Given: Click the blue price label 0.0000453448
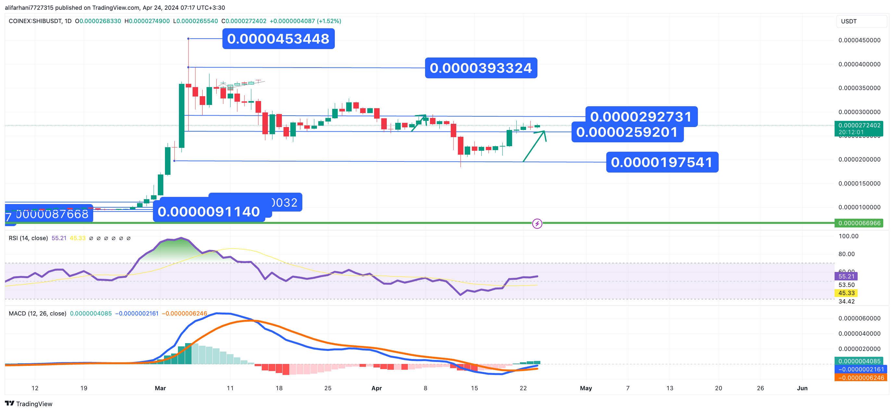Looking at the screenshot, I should coord(278,39).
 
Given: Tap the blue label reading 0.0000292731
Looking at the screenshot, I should coord(641,116).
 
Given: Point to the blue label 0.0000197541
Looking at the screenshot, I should coord(662,162).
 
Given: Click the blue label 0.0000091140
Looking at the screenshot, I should coord(208,212).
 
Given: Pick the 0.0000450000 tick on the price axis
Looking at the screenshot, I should coord(859,40).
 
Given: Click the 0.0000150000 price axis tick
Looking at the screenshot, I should coord(859,184).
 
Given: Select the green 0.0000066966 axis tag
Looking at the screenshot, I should coord(859,223).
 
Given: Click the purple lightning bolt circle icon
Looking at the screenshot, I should coord(537,223).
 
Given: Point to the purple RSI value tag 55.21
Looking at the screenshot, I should coord(846,277).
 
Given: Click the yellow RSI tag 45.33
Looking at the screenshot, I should coord(846,293).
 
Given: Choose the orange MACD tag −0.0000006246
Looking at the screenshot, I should coord(861,378).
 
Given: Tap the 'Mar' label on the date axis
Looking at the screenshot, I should coord(160,388).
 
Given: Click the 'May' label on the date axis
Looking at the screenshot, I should coord(586,388).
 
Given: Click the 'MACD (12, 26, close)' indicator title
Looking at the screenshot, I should coord(37,313).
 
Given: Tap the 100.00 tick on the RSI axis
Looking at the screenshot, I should coord(848,236).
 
